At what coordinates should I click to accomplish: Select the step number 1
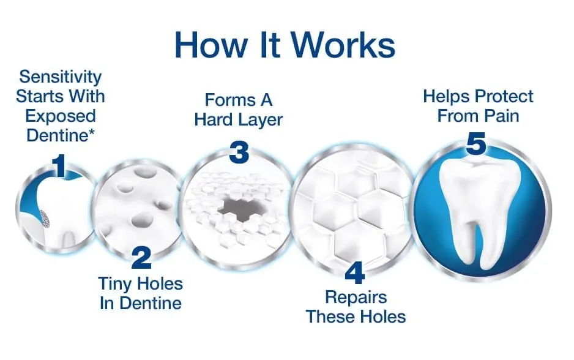click(x=59, y=165)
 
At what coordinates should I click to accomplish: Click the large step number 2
click(x=141, y=258)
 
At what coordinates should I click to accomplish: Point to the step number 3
click(x=239, y=152)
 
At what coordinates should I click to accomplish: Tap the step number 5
click(x=476, y=143)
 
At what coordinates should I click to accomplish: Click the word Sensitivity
click(x=61, y=77)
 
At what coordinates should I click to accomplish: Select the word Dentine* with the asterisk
click(x=61, y=135)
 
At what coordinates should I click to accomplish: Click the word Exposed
click(x=61, y=116)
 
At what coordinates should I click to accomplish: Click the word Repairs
click(x=356, y=298)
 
